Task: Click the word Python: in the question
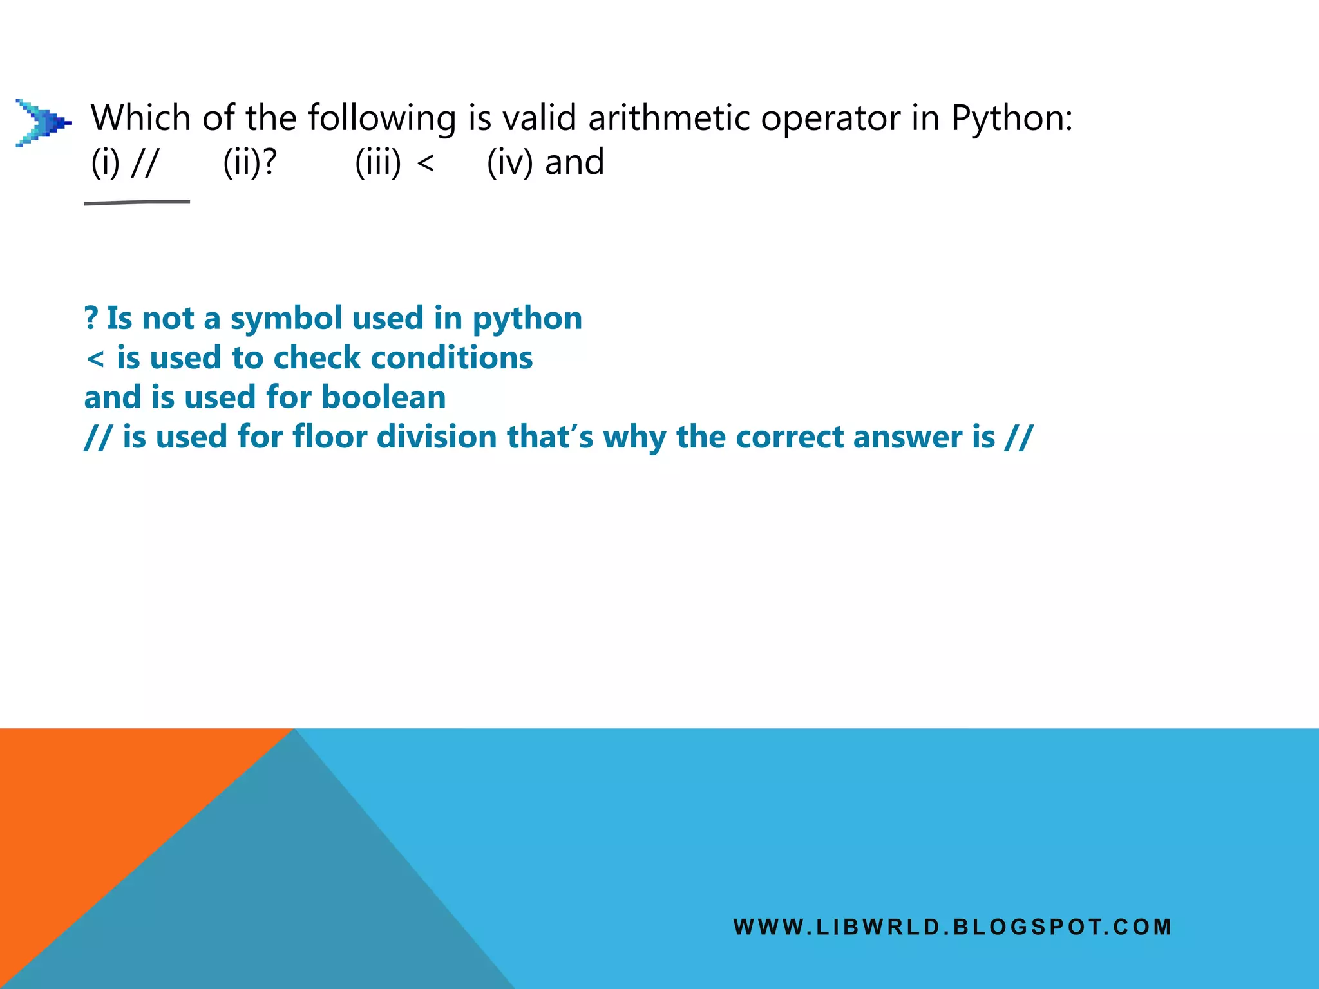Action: (1012, 118)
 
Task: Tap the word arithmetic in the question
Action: (669, 118)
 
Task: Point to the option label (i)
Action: (106, 162)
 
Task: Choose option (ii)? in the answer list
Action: (250, 162)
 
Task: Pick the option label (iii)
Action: (378, 162)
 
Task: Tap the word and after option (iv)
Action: (574, 162)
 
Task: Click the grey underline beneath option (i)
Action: (137, 203)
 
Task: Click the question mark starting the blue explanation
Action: (91, 318)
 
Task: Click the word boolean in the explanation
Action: (383, 397)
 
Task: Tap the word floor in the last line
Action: (329, 437)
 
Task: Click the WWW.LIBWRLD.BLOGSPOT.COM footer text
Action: (953, 927)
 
